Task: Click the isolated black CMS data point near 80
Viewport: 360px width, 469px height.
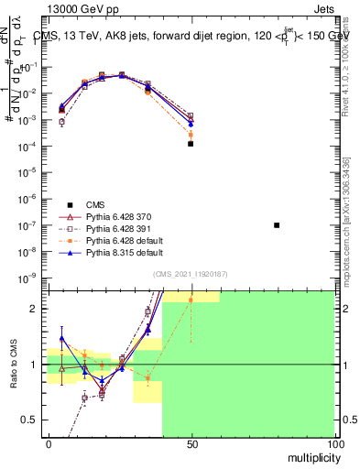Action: (277, 225)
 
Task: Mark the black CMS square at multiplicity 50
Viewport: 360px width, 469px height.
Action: (191, 144)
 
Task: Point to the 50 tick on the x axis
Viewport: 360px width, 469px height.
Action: (191, 442)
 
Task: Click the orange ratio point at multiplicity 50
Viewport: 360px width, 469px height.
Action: (191, 300)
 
